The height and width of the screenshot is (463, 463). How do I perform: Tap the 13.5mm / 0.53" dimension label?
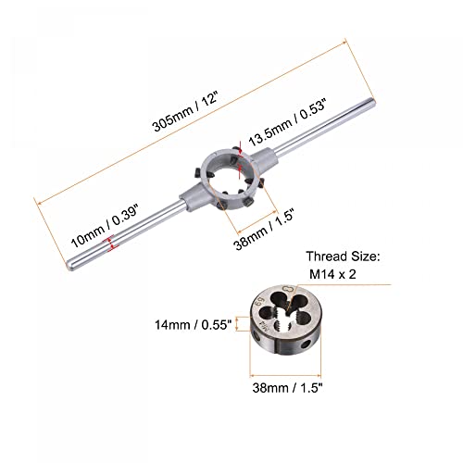pos(288,122)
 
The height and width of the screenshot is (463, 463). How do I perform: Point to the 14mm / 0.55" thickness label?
pos(193,325)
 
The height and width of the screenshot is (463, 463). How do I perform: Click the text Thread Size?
pos(343,257)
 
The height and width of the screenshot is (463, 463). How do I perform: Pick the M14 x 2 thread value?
pos(332,274)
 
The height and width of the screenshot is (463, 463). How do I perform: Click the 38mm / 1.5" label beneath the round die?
pos(287,388)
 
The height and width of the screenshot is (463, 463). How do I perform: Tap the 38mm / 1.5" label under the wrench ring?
pos(264,229)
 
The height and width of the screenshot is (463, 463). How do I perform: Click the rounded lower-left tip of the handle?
pos(69,265)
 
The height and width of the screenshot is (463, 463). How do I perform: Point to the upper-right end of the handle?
pos(372,102)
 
